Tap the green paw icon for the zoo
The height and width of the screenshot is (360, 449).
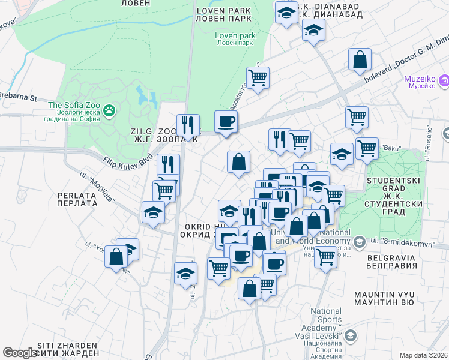(109, 110)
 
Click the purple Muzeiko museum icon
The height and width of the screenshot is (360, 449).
(444, 80)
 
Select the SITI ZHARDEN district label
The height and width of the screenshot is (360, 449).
(67, 349)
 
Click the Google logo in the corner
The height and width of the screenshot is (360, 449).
(20, 353)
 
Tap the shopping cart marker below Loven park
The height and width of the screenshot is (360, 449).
(258, 77)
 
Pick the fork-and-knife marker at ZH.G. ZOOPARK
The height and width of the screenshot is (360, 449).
(188, 125)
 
